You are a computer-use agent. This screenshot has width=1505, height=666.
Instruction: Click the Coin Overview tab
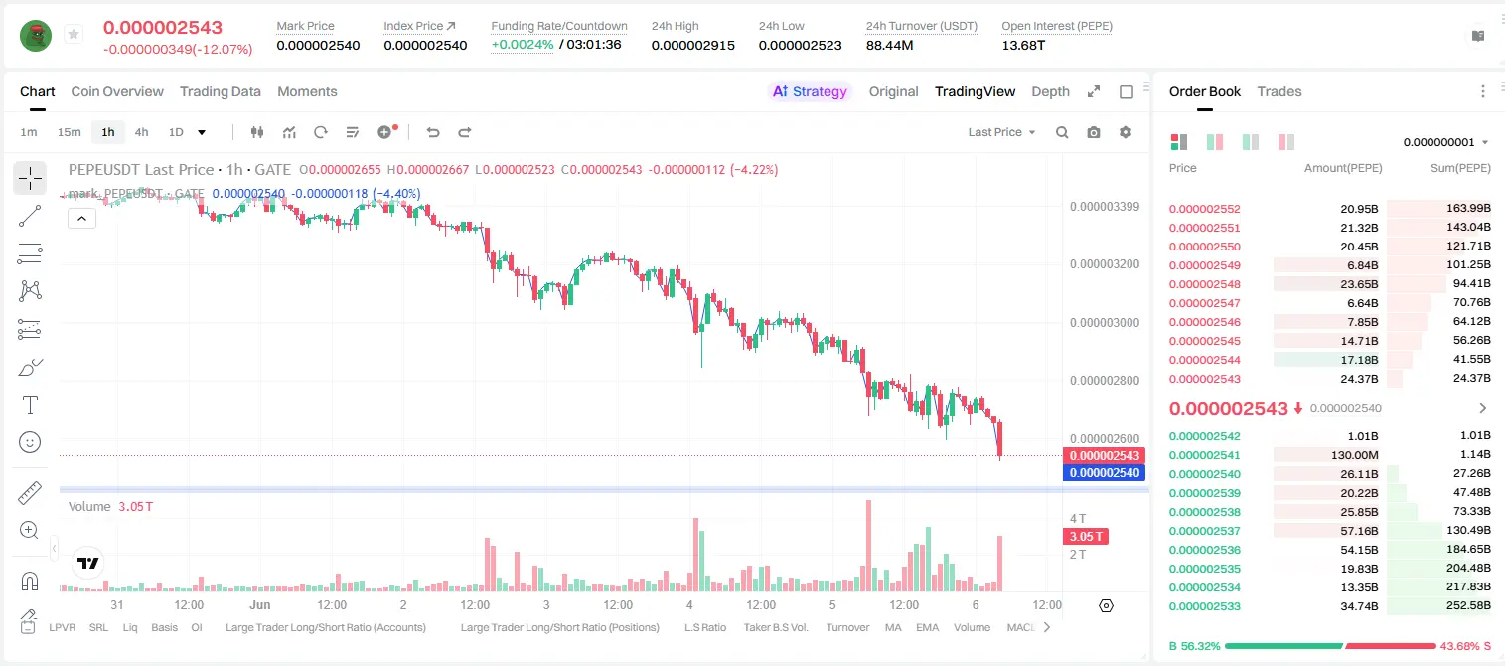(117, 91)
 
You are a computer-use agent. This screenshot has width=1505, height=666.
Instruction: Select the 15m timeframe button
(69, 132)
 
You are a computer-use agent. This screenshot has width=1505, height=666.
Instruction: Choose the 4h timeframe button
(141, 132)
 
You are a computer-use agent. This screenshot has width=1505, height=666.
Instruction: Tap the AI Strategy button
(810, 91)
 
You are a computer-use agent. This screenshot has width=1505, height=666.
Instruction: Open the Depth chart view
(1050, 91)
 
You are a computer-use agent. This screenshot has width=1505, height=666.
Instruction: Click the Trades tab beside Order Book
(1279, 91)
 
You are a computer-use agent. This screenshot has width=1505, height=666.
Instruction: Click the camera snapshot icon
(1094, 132)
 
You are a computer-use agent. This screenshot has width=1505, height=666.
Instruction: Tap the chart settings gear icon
(1126, 132)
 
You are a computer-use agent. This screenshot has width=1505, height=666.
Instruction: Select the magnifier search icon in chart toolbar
(1062, 132)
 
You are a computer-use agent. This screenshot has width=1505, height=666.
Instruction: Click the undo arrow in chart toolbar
(433, 132)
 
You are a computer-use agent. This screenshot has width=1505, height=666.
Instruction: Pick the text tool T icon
(30, 405)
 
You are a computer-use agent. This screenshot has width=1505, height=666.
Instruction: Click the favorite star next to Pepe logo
(74, 34)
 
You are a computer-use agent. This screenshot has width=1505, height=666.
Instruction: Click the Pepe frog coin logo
(36, 36)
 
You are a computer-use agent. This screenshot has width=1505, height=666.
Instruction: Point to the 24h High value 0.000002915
(692, 45)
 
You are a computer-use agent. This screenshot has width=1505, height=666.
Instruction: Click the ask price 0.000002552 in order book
(1205, 209)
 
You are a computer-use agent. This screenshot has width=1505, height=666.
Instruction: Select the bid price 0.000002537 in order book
(1205, 531)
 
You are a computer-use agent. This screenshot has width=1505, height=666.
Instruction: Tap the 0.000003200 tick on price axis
(1105, 264)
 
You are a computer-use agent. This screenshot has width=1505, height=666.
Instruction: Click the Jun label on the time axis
(260, 604)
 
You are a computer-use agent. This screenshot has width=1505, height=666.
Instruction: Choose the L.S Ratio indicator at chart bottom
(704, 627)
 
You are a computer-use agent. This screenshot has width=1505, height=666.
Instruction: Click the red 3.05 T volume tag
(1085, 537)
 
